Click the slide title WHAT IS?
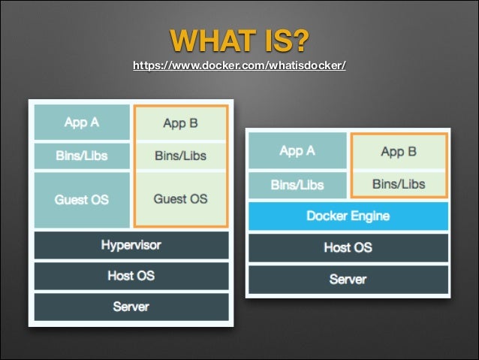(239, 39)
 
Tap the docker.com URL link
(239, 66)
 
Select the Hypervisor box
(131, 245)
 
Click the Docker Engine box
(348, 216)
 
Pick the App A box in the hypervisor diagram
(81, 123)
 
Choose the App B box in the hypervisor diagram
(180, 123)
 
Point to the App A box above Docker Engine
(297, 151)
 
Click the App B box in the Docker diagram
(398, 152)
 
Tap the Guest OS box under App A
(81, 200)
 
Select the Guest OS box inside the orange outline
(180, 199)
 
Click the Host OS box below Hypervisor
(131, 276)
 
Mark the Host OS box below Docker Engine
(348, 247)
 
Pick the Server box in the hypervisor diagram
(131, 307)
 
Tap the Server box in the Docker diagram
(348, 279)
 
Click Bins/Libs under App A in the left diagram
(81, 156)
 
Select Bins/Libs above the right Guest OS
(180, 156)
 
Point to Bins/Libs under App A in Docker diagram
(297, 184)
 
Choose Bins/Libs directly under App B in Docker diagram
(398, 183)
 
